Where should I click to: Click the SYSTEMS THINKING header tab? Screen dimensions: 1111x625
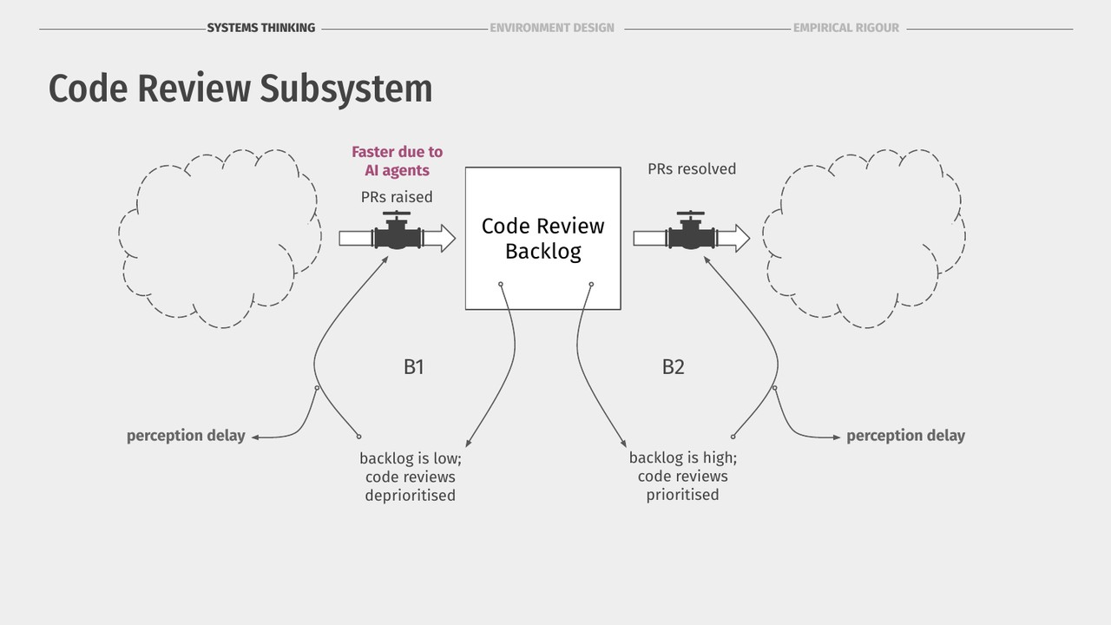pyautogui.click(x=261, y=28)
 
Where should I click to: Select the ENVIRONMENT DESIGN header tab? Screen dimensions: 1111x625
pyautogui.click(x=552, y=28)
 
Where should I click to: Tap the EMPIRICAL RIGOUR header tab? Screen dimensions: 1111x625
pyautogui.click(x=846, y=28)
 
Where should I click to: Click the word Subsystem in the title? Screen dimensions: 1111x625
pyautogui.click(x=345, y=89)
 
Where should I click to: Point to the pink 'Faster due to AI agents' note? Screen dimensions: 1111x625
pyautogui.click(x=398, y=161)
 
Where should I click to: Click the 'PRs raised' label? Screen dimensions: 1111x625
pyautogui.click(x=397, y=197)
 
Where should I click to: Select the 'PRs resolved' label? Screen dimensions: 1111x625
pyautogui.click(x=692, y=169)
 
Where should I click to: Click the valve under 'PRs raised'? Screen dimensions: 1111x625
pyautogui.click(x=397, y=231)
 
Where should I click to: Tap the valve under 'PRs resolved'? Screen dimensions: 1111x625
pyautogui.click(x=691, y=231)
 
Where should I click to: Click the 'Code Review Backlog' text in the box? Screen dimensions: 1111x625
pyautogui.click(x=543, y=239)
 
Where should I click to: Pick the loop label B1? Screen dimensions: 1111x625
pyautogui.click(x=414, y=367)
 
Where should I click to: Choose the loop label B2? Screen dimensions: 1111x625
pyautogui.click(x=673, y=367)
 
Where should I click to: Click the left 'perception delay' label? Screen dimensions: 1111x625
pyautogui.click(x=186, y=436)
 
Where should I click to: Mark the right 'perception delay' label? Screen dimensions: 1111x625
pyautogui.click(x=905, y=436)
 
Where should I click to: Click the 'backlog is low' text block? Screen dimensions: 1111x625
pyautogui.click(x=411, y=477)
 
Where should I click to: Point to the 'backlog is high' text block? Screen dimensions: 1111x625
pyautogui.click(x=683, y=477)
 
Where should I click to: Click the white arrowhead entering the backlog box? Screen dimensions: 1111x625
pyautogui.click(x=445, y=239)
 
